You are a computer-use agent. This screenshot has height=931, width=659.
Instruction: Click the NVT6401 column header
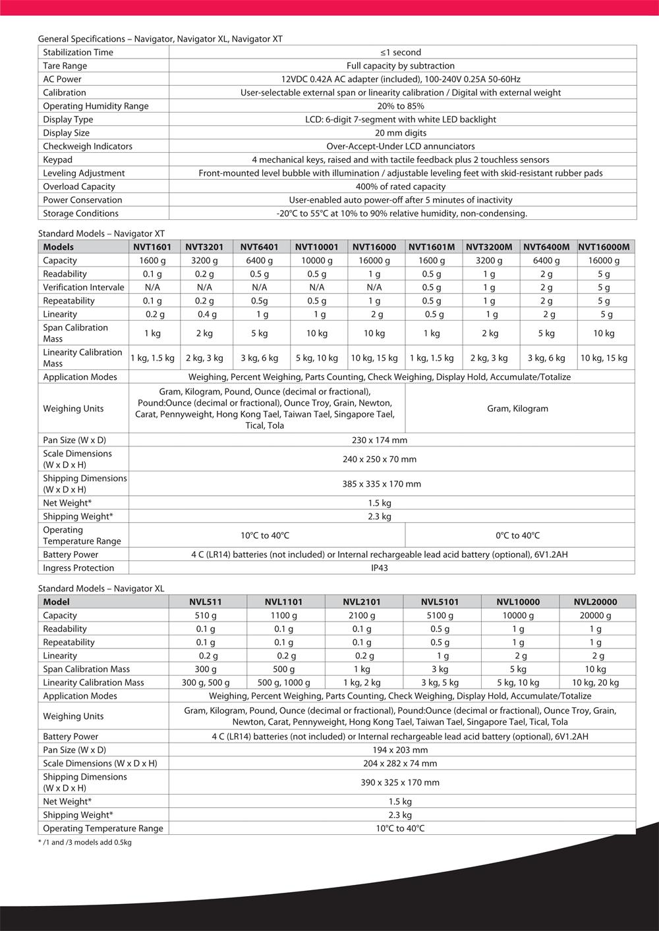point(259,247)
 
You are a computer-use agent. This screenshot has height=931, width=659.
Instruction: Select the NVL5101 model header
point(440,602)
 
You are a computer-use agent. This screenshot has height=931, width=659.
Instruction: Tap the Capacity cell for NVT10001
point(316,261)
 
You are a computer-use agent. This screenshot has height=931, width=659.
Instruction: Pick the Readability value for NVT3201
point(204,274)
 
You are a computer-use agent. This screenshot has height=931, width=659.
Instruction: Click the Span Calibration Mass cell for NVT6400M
point(546,333)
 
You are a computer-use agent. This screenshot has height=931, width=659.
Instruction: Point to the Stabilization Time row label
point(78,53)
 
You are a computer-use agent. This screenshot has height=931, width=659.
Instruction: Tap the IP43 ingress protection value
point(380,568)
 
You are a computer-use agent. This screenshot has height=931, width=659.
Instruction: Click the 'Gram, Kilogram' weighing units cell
point(517,409)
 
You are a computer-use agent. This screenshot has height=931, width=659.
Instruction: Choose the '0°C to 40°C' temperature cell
point(517,536)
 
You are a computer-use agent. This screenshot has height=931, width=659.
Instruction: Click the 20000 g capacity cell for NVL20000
point(595,616)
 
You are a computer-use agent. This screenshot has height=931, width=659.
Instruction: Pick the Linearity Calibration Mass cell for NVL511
point(206,683)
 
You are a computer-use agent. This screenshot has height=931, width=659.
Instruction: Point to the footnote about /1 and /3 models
point(85,843)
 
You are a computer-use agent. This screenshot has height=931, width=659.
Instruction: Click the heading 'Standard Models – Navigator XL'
point(101,589)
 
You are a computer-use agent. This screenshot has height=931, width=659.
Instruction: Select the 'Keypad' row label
point(58,160)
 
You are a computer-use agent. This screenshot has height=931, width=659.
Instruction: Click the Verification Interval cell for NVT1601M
point(432,288)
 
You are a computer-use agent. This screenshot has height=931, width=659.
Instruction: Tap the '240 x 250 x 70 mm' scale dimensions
point(380,460)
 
